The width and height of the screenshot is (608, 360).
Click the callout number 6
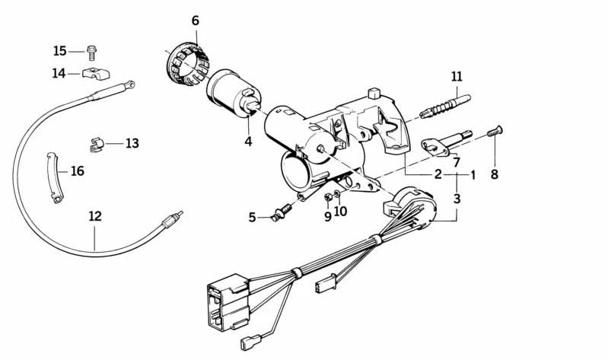pos(196,21)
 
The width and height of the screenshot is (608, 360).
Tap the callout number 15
pos(59,51)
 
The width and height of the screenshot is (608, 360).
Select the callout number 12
pos(95,216)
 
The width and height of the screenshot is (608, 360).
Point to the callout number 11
pos(457,76)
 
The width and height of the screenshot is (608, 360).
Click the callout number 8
pos(495,174)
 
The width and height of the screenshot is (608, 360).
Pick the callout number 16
pos(78,170)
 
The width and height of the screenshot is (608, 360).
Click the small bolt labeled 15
pos(92,53)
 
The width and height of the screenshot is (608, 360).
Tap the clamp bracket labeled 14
pos(96,73)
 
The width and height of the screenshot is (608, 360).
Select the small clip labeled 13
pos(97,145)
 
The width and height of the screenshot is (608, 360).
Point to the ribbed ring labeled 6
pos(185,64)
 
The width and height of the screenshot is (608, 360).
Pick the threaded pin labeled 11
pos(445,106)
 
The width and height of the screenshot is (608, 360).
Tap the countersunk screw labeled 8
pos(495,131)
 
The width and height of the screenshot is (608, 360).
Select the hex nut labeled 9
pos(328,197)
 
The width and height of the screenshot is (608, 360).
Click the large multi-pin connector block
pos(228,302)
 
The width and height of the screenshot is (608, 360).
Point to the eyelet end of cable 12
pos(132,84)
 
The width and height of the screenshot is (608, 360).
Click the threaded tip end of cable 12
pos(180,213)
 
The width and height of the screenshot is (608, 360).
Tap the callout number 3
pos(457,199)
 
